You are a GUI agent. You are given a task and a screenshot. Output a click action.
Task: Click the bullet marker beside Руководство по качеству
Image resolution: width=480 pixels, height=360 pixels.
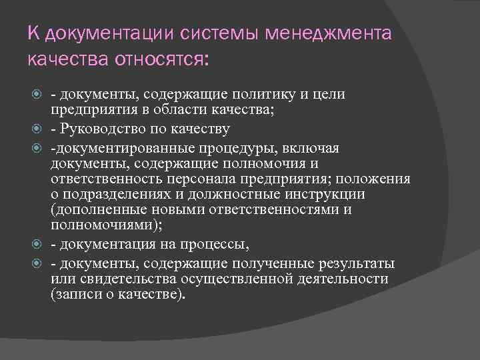pos(38,129)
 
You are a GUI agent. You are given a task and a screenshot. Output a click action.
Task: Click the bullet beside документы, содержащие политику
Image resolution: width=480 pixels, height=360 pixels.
pos(38,94)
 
